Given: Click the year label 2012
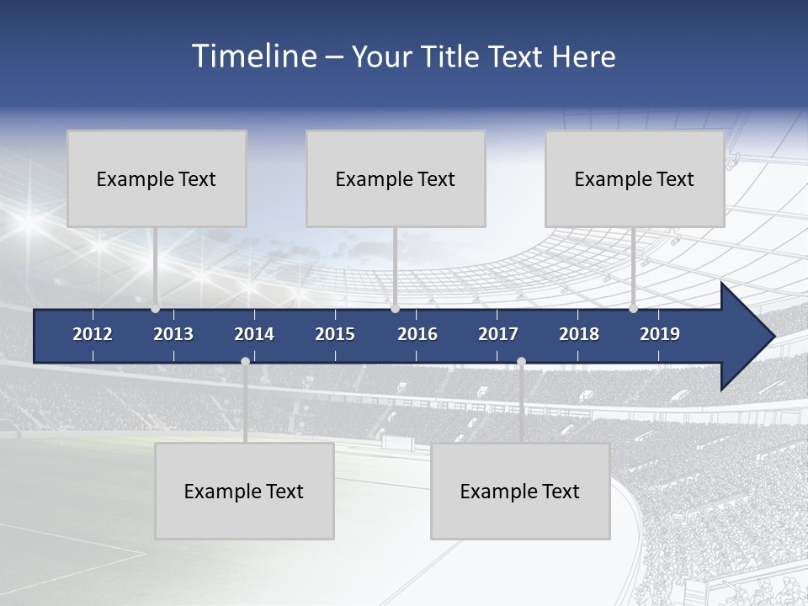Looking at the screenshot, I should pos(93,334).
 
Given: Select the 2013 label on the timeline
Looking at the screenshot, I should pos(173,334).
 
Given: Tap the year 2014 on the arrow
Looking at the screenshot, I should pos(254,334).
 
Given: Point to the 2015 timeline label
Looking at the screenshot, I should pos(335,334).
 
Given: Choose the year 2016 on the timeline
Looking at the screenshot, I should pos(417,334).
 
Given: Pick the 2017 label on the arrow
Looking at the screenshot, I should pos(498,334).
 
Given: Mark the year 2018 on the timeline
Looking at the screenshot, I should pos(579,334).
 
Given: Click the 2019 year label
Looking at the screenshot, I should pos(660,334).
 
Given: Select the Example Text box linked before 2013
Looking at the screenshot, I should pos(157,178).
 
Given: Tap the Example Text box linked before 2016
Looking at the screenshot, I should pos(396,178).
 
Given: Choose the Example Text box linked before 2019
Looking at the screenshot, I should pos(635,178).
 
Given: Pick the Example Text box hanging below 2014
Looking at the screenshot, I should pos(244,491).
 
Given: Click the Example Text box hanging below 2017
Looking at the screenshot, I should pos(520,491).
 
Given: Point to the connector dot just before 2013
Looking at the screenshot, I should pos(155,309).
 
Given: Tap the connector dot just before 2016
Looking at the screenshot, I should pos(395,309).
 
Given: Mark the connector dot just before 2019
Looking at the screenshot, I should pos(633,309).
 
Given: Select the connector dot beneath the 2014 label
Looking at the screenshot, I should pos(245,362).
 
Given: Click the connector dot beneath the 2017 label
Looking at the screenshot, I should pos(521,362).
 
